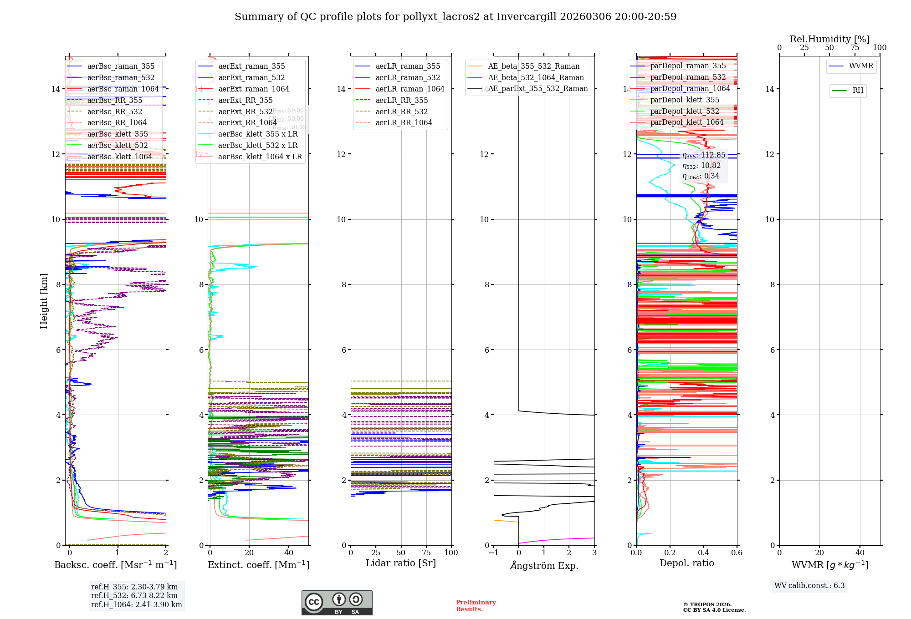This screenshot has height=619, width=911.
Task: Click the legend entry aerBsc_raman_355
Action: (x=121, y=66)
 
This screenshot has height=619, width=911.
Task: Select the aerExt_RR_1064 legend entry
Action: (x=247, y=123)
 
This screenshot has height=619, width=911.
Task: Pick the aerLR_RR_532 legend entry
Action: (x=401, y=112)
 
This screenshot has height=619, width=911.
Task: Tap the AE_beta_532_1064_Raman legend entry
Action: (x=536, y=77)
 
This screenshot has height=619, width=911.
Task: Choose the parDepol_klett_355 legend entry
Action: (x=685, y=100)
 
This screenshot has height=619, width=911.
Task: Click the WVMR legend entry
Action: (x=861, y=66)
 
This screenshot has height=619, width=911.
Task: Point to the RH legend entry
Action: (x=858, y=91)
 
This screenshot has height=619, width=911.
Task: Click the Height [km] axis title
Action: (x=44, y=300)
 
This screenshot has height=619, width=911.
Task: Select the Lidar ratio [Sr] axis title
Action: (x=401, y=563)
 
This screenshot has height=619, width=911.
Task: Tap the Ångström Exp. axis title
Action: (x=544, y=565)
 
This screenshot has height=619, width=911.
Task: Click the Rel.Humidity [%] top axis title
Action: (x=829, y=39)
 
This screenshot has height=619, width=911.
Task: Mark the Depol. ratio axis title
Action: (x=686, y=563)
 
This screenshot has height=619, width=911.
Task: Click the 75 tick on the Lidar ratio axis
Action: (x=426, y=553)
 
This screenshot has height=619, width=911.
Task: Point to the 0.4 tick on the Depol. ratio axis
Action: (x=703, y=553)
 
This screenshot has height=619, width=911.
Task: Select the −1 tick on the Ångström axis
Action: (x=494, y=553)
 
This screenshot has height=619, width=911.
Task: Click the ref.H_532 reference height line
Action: (x=134, y=595)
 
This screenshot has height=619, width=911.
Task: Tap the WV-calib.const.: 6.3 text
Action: (x=809, y=586)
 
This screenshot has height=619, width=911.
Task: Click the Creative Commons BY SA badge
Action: (x=337, y=603)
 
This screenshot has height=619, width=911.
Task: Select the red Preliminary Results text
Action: (x=476, y=606)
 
